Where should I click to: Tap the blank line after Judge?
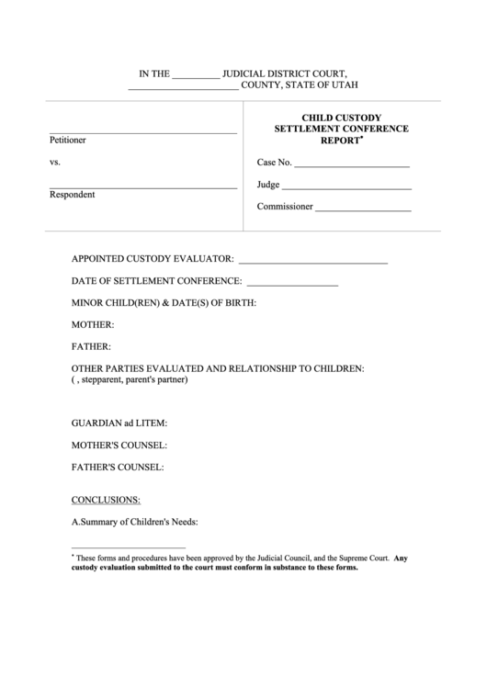[347, 187]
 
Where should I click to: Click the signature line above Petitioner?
[142, 134]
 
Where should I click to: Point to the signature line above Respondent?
[142, 188]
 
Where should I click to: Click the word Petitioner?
[68, 141]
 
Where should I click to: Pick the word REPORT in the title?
[338, 141]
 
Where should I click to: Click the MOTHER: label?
[93, 325]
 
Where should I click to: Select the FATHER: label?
[91, 347]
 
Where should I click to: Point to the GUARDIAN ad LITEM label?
[119, 423]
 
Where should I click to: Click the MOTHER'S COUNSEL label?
[119, 446]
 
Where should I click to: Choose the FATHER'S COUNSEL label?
[118, 468]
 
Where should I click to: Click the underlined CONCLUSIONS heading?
[106, 500]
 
